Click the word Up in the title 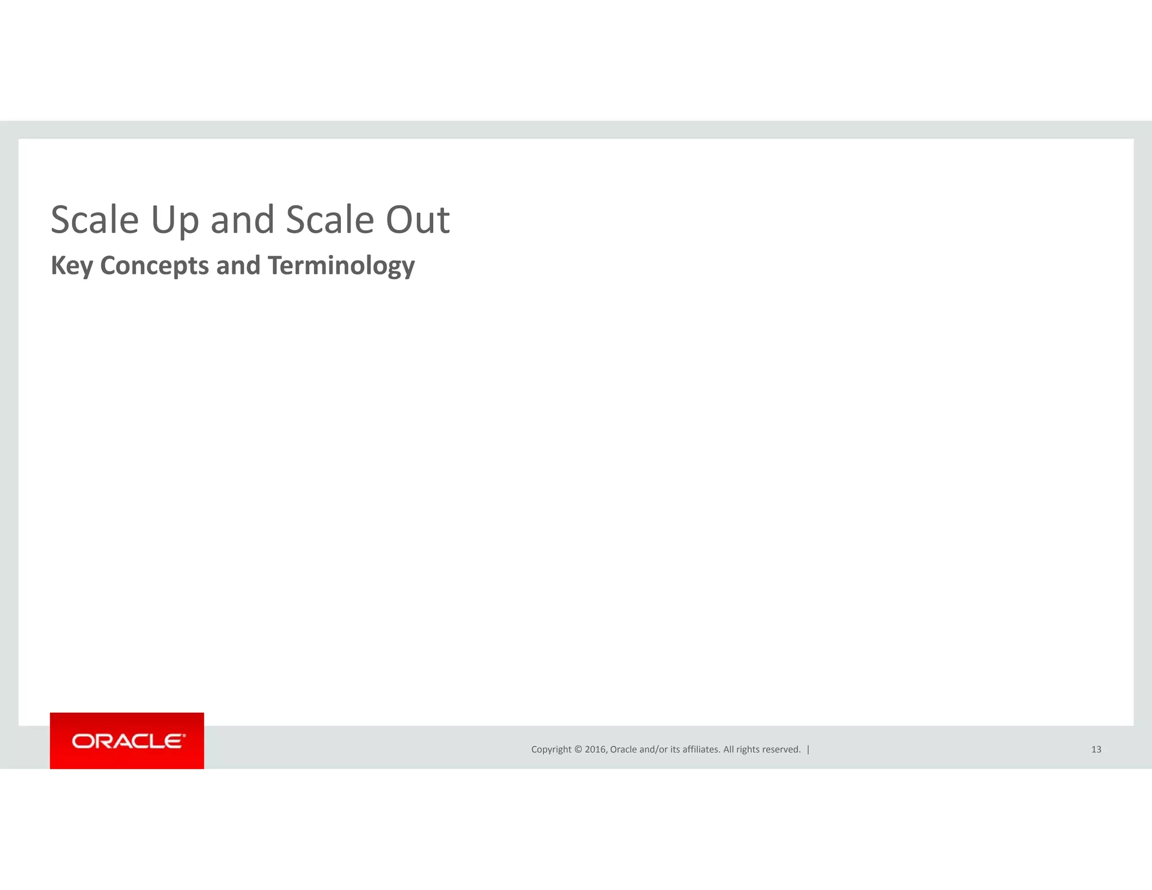175,220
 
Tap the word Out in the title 417,220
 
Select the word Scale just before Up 94,220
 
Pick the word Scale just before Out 330,220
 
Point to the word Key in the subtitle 71,266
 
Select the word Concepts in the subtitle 154,266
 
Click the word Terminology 341,266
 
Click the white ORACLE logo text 127,741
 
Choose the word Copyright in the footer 551,749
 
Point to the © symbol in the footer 578,749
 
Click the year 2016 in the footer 596,749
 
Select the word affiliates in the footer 701,749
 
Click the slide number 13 1096,749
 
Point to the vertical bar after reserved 808,749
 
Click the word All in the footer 728,749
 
